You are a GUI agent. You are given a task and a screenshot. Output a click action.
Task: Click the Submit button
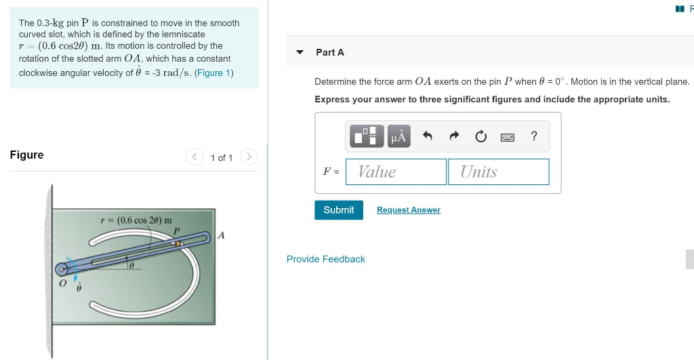click(338, 210)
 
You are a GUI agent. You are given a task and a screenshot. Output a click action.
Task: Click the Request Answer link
click(408, 210)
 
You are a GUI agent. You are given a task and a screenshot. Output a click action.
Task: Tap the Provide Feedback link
click(325, 259)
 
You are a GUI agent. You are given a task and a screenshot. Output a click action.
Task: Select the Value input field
click(396, 172)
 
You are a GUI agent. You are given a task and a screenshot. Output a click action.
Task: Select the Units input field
click(498, 172)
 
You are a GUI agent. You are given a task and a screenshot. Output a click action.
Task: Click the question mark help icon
click(534, 136)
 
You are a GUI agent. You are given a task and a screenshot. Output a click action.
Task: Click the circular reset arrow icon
click(481, 136)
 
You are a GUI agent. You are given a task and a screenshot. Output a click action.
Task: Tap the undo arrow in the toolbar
click(427, 136)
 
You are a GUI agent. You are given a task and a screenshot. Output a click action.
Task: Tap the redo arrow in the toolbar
click(453, 136)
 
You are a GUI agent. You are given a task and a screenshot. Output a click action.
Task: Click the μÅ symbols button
click(399, 136)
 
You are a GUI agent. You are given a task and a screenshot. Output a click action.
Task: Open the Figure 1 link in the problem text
click(213, 73)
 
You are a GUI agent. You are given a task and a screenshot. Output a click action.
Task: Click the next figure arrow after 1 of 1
click(249, 157)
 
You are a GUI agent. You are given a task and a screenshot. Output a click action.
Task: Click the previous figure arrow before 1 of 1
click(194, 157)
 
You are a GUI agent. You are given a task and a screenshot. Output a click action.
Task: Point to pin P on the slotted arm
click(178, 242)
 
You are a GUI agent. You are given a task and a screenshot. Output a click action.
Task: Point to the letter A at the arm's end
click(221, 236)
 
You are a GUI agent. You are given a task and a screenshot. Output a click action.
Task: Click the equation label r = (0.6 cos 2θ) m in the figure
click(136, 220)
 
